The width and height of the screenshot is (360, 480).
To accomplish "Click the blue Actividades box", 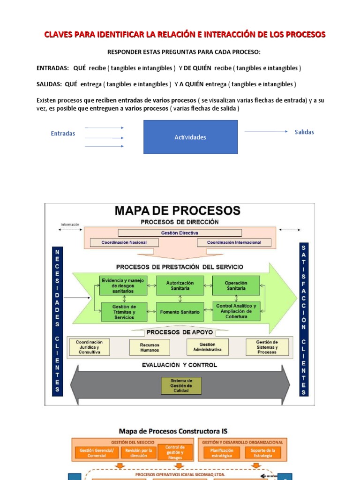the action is click(x=190, y=137).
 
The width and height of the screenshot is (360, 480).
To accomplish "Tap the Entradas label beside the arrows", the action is click(x=63, y=134).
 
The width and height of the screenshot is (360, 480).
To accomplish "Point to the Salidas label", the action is click(x=304, y=132).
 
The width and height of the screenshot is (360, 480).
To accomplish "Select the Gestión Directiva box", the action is click(x=180, y=233).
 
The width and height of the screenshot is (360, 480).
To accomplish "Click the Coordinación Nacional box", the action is click(x=124, y=242).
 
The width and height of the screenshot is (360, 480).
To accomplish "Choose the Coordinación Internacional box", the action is click(x=234, y=242).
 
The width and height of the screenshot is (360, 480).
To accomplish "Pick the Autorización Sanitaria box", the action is click(x=180, y=285).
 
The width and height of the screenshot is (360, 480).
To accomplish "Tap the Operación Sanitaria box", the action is click(x=236, y=285).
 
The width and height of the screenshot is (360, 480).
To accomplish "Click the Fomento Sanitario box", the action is click(x=180, y=312).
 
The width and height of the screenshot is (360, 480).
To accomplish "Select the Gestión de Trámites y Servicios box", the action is click(x=124, y=312).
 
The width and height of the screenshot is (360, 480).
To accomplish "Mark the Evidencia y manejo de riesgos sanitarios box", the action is click(x=124, y=285).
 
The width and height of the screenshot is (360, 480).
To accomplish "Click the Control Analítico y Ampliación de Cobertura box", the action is click(x=236, y=311).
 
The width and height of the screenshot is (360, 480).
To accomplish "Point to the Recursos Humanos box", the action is click(x=150, y=347).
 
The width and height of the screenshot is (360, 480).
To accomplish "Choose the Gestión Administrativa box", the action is click(x=207, y=347).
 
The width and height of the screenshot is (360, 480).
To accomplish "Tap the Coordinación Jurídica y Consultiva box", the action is click(x=90, y=347).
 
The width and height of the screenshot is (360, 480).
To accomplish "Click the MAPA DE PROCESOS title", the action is click(x=178, y=210).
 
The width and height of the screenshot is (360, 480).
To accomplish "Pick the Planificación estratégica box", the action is click(x=222, y=453).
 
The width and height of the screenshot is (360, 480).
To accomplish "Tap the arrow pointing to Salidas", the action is click(x=266, y=132).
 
